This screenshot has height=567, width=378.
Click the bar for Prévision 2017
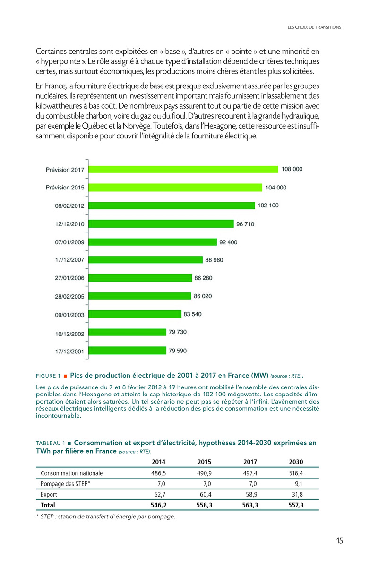[x=183, y=169]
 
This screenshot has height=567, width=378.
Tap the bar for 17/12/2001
[x=128, y=351]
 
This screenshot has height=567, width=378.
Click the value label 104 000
[x=275, y=188]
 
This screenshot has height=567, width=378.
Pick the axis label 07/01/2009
[x=69, y=242]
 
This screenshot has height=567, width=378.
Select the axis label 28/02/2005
[x=69, y=296]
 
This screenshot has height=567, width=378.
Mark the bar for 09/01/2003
[x=135, y=314]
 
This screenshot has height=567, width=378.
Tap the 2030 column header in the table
[x=296, y=462]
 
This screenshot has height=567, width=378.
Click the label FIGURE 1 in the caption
[x=48, y=376]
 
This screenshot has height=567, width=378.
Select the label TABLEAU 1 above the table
[x=51, y=443]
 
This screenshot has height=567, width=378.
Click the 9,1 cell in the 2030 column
[x=298, y=484]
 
